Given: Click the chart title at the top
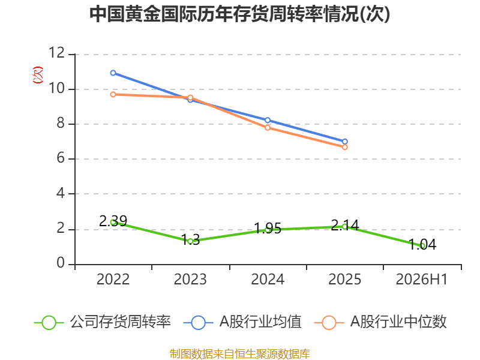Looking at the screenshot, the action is click(x=239, y=14).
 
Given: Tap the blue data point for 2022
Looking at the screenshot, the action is click(x=113, y=73).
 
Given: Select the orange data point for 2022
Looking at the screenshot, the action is click(x=113, y=95).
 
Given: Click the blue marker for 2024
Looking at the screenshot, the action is click(x=268, y=121).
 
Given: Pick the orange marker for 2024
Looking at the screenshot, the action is click(x=268, y=128).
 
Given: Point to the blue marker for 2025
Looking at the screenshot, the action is click(x=344, y=142).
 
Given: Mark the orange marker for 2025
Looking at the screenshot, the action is click(x=344, y=147).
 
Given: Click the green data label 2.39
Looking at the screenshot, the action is click(x=113, y=221).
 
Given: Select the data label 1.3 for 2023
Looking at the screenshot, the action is click(x=190, y=239).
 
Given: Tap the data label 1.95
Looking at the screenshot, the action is click(x=268, y=229).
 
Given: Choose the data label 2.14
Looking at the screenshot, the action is click(x=344, y=226).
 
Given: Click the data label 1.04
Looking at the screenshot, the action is click(x=422, y=244).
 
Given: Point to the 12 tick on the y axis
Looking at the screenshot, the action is click(x=57, y=53).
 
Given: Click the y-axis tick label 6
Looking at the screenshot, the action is click(x=61, y=158).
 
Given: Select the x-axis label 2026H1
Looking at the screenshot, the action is click(x=422, y=279).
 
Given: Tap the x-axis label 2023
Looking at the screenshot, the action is click(x=190, y=279).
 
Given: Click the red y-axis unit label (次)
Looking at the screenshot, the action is click(x=38, y=75).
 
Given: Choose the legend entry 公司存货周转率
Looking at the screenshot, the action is click(x=103, y=322).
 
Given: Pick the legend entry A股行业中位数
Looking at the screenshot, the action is click(x=380, y=322).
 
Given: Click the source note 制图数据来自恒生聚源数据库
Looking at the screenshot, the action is click(x=240, y=354).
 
